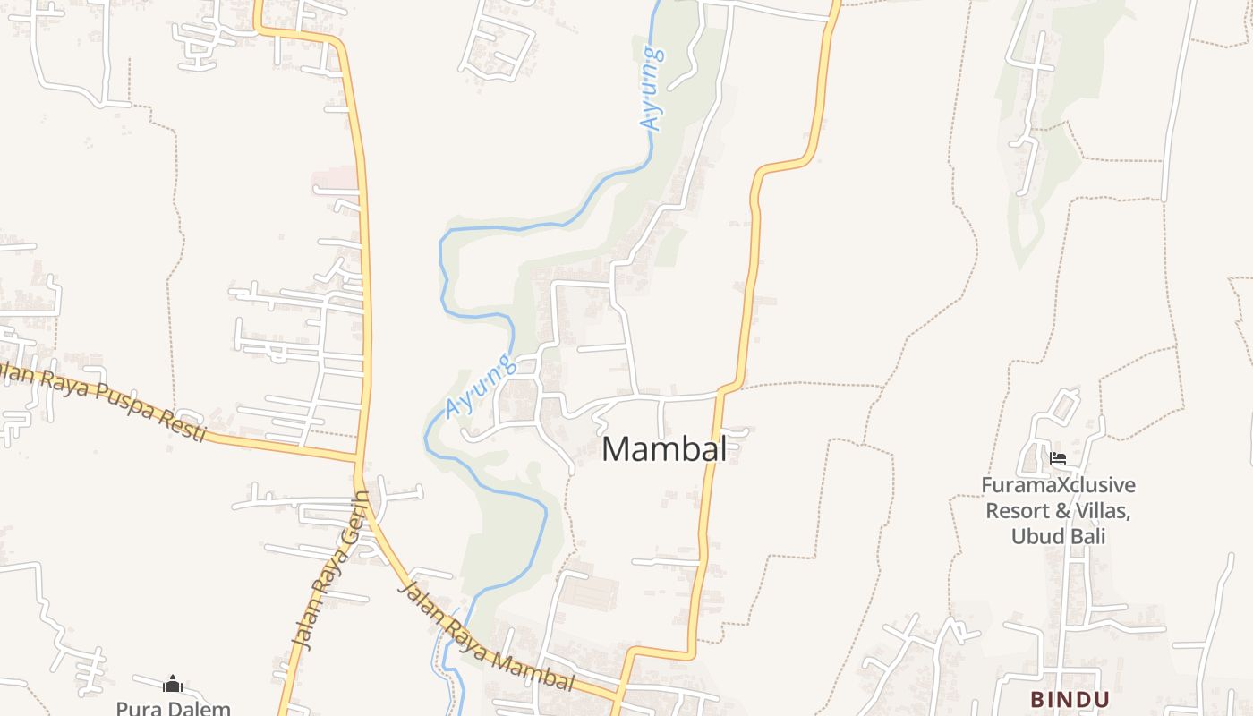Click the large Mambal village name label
point(664,449)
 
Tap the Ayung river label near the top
point(652,89)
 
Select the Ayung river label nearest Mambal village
point(482,386)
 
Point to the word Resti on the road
point(179,424)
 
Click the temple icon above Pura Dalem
point(173,686)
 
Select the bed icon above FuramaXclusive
point(1058,459)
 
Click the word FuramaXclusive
point(1059,486)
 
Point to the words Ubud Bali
point(1059,537)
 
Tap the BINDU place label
point(1070,699)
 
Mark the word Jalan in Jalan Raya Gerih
point(303,627)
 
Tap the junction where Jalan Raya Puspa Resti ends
point(359,460)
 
